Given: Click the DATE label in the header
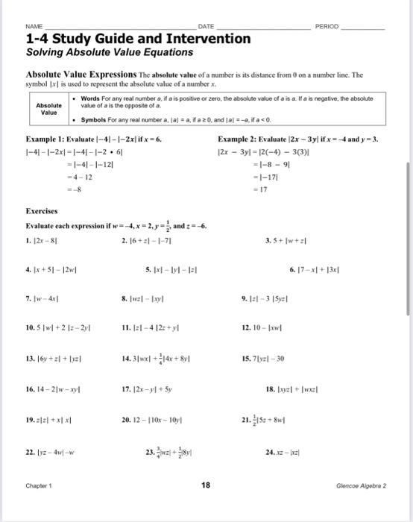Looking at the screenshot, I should (x=206, y=26).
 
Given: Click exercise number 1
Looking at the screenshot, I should (x=28, y=239).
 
